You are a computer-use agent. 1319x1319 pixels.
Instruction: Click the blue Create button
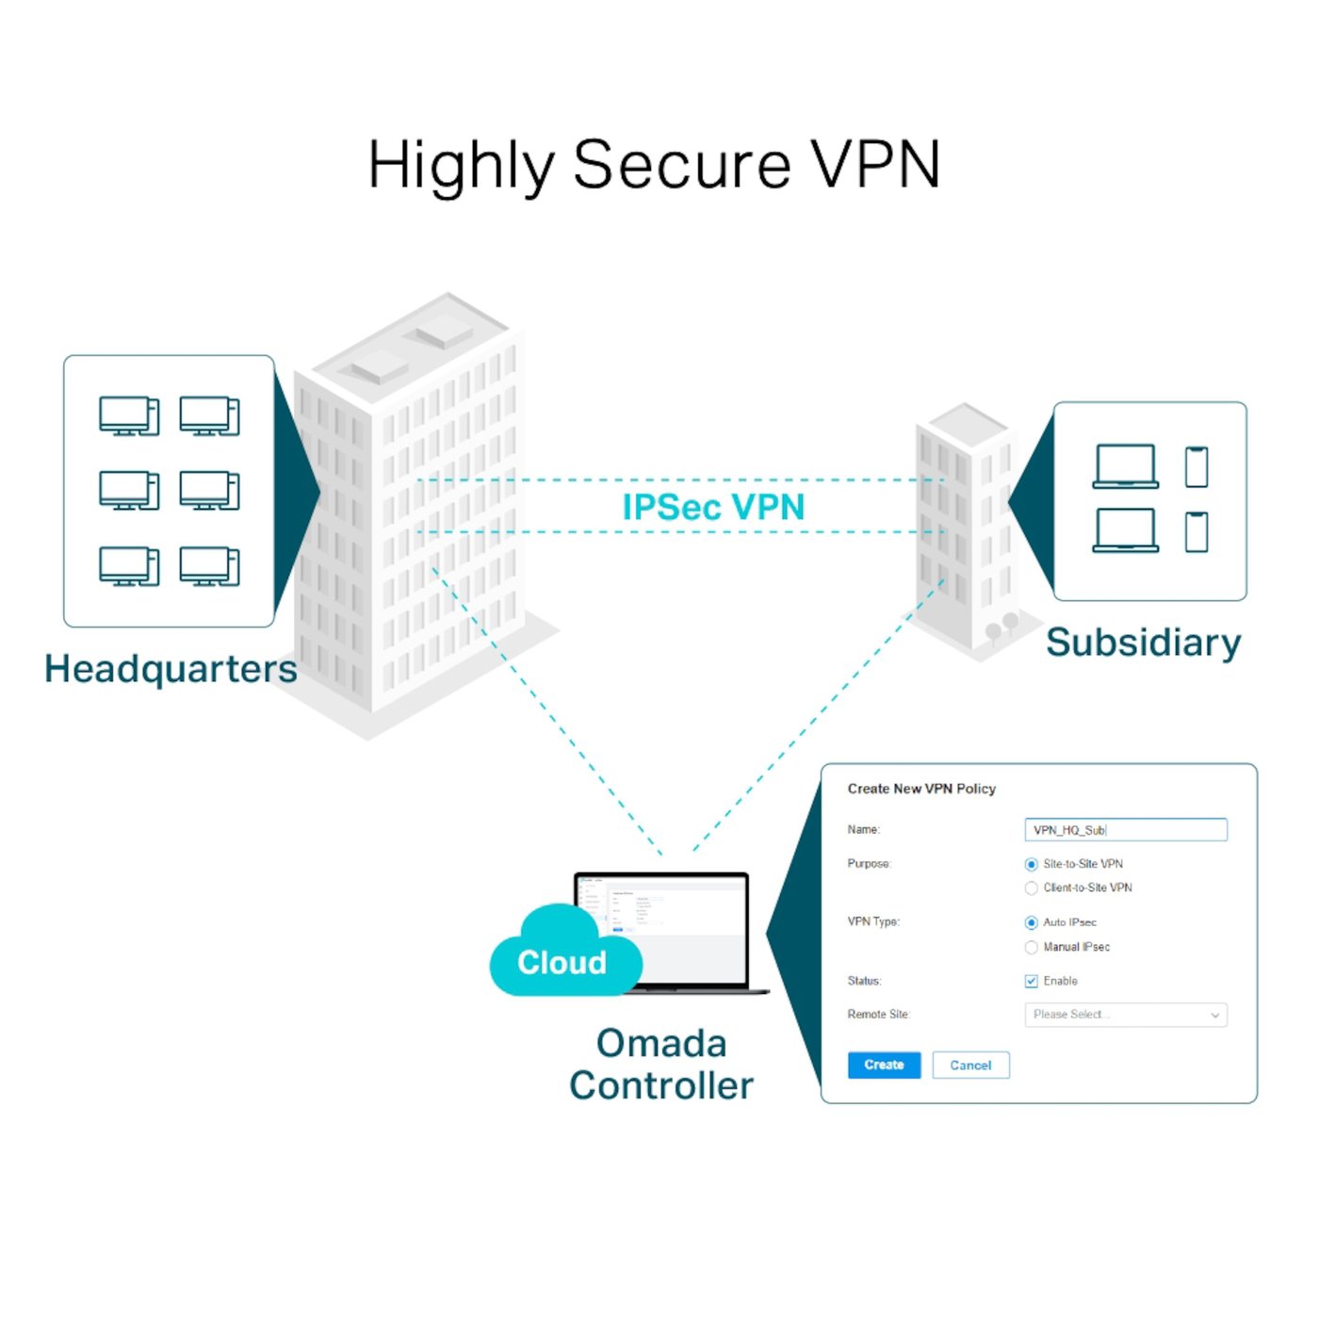(x=883, y=1065)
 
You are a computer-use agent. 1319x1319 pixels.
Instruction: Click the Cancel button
(x=969, y=1065)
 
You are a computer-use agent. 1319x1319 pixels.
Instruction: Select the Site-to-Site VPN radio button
(x=1031, y=864)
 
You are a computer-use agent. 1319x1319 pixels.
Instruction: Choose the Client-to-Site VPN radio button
(x=1031, y=887)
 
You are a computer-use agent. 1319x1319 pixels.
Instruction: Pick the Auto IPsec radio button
(x=1031, y=922)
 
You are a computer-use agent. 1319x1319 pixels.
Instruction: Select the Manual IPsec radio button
(x=1031, y=947)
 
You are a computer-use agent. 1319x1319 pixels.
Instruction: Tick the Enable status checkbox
(x=1031, y=981)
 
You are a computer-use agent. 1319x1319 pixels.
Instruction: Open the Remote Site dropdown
(x=1125, y=1015)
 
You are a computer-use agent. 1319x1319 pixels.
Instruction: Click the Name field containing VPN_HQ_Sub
(x=1125, y=830)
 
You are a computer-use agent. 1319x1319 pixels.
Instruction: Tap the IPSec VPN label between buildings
(x=713, y=507)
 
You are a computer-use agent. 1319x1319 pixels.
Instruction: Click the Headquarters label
(x=171, y=669)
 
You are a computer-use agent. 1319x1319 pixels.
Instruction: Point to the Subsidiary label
(x=1143, y=643)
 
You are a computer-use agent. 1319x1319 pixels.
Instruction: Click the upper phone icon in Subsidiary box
(x=1196, y=466)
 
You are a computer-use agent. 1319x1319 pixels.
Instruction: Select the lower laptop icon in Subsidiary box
(x=1125, y=529)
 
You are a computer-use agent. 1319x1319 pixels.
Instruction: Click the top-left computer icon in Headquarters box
(x=129, y=416)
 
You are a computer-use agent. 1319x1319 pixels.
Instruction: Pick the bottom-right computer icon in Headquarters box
(x=209, y=567)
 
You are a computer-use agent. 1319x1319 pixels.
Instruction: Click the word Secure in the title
(x=681, y=165)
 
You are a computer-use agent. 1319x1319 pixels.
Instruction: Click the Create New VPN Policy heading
(x=920, y=789)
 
